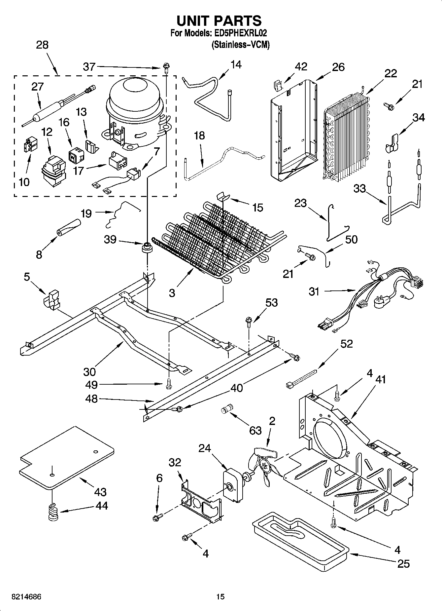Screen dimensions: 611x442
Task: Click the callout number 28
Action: coord(42,45)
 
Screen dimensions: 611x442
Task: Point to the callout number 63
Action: coord(255,430)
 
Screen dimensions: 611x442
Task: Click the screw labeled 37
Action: coord(165,69)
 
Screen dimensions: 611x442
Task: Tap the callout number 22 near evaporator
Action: coord(391,73)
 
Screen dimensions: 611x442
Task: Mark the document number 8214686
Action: coord(21,597)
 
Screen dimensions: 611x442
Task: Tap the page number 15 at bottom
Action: coord(221,597)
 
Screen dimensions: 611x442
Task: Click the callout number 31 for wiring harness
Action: coord(314,291)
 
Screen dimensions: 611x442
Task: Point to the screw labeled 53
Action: coord(249,321)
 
